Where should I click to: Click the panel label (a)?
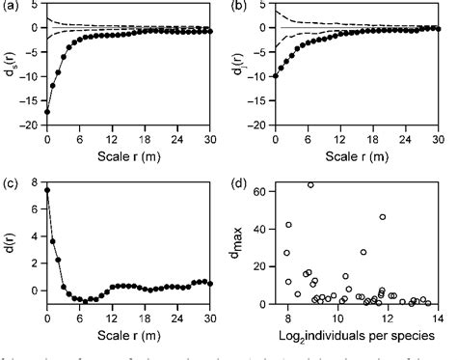tap(12, 7)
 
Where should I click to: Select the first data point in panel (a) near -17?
tap(47, 112)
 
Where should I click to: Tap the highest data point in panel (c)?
tap(47, 190)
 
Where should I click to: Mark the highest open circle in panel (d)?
tap(310, 184)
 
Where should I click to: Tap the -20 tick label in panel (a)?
tap(29, 125)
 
